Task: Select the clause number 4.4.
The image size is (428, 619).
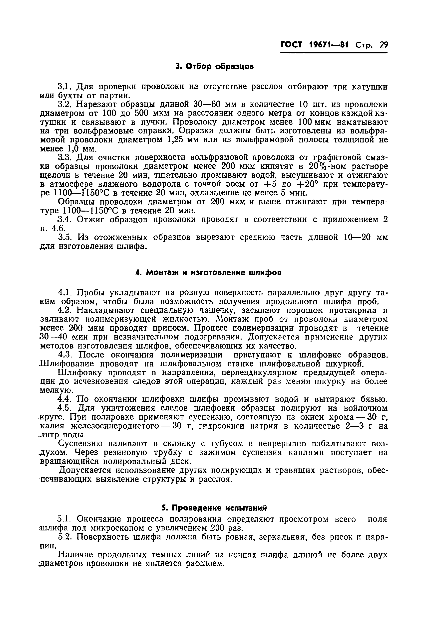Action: point(64,399)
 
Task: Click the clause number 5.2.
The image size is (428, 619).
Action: point(64,537)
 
